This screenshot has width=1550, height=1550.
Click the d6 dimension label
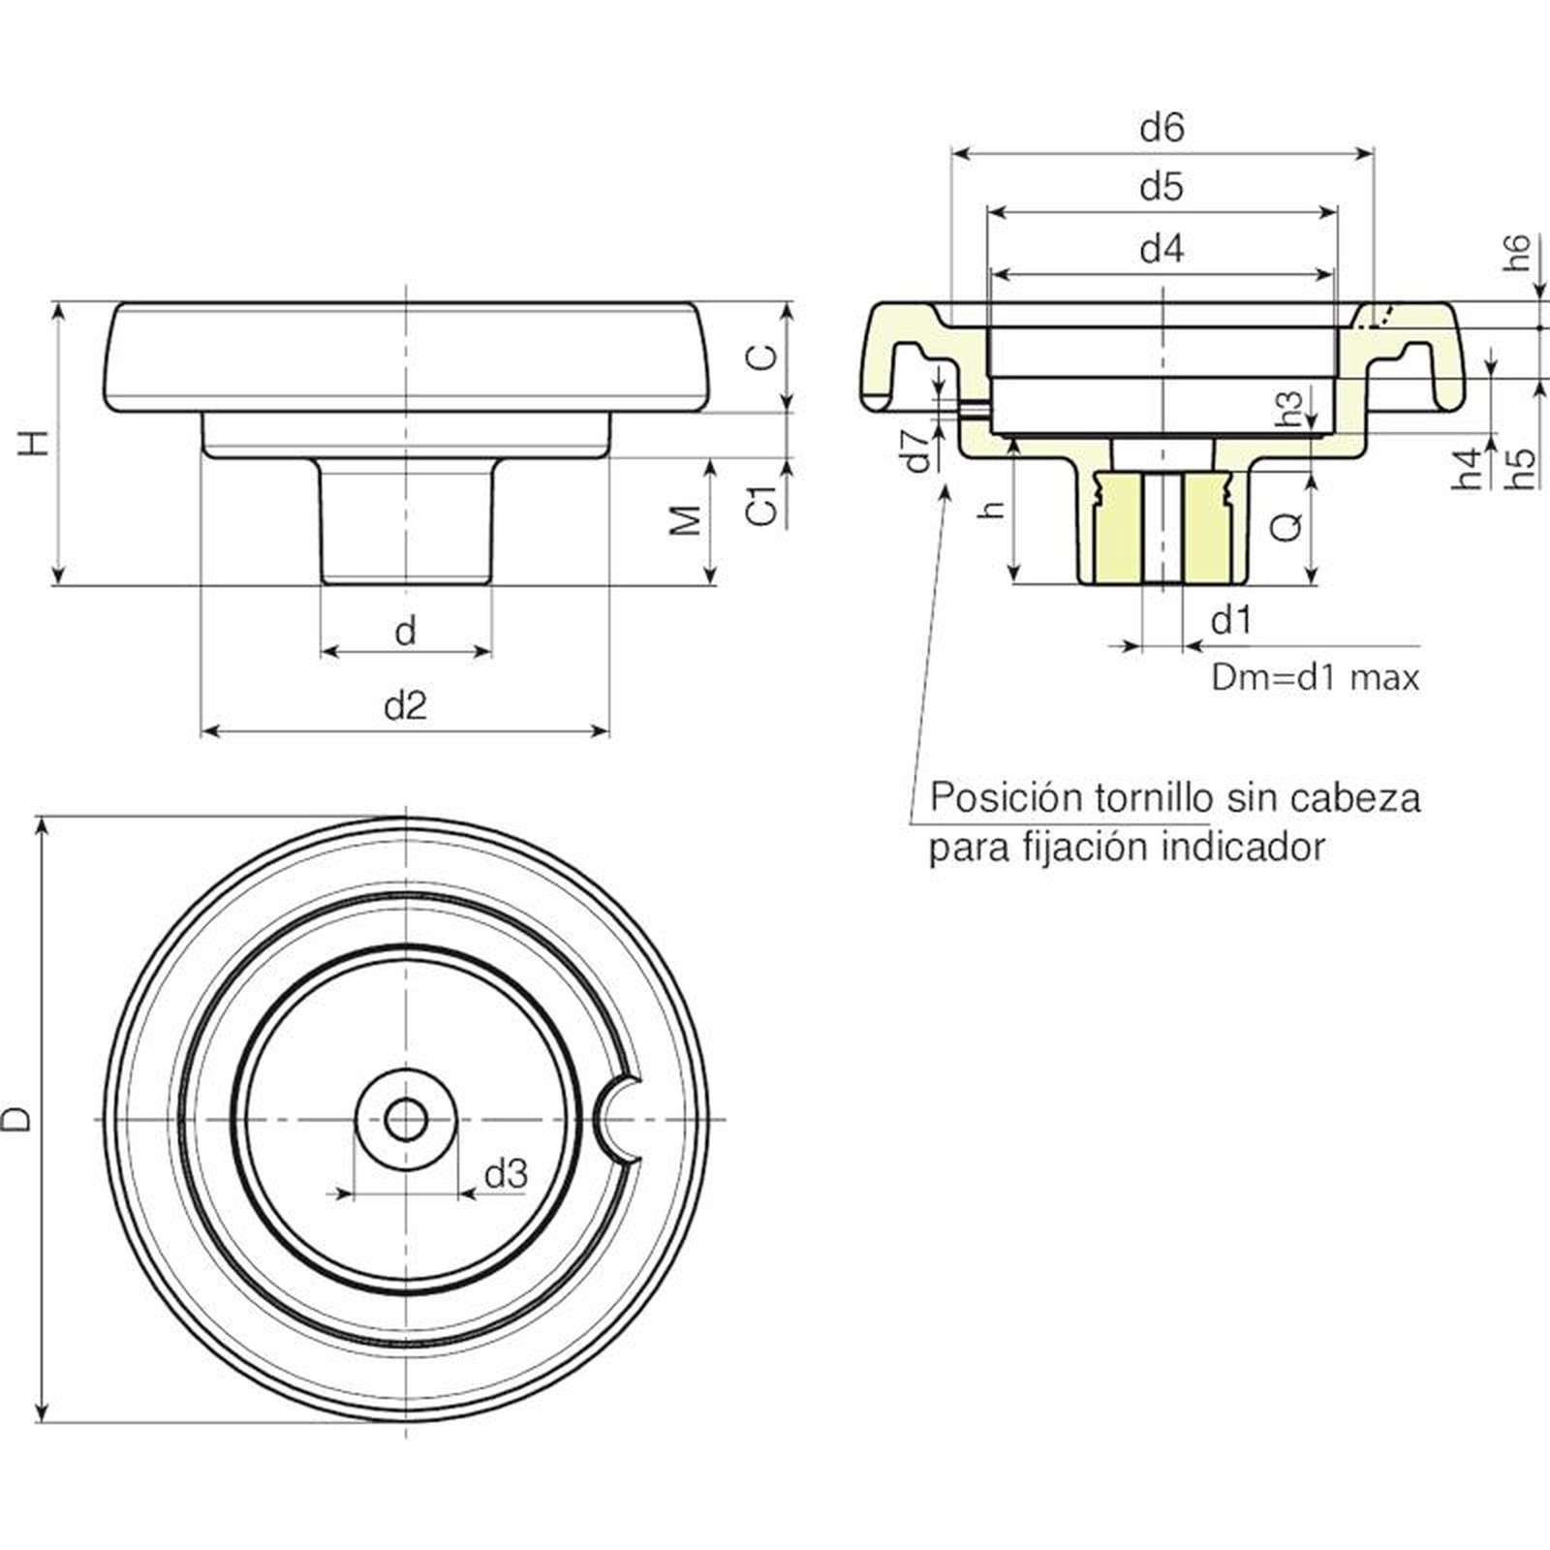tap(1162, 127)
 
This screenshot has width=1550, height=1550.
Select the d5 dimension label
tap(1162, 186)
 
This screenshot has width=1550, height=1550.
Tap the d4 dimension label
tap(1162, 249)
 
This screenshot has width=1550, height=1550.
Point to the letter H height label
tap(34, 443)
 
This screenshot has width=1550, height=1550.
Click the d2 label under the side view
tap(405, 706)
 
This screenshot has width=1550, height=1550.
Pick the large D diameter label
tap(16, 1120)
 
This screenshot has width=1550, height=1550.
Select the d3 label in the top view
tap(506, 1174)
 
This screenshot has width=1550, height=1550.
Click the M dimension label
tap(686, 520)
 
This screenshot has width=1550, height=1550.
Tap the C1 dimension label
tap(764, 505)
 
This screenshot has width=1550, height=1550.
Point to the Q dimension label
tap(1286, 527)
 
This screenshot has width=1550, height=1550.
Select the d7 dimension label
tap(917, 449)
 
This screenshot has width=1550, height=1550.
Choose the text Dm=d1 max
tap(1316, 677)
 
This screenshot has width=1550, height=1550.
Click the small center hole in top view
tap(406, 1120)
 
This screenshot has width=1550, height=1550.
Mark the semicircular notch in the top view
tap(616, 1120)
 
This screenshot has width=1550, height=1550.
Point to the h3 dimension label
tap(1289, 409)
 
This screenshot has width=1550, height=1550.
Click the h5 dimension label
tap(1521, 467)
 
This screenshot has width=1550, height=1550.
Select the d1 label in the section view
tap(1231, 619)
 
